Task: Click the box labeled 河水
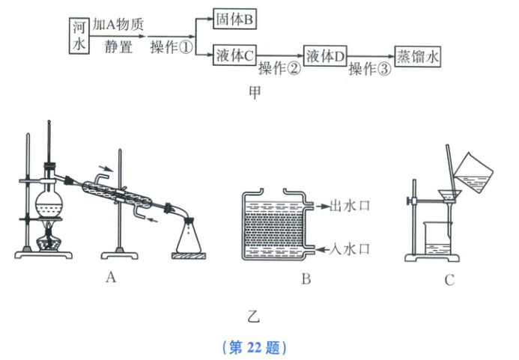coord(79,35)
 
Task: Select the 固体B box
coord(234,19)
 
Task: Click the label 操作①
coord(172,46)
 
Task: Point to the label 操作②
coord(279,69)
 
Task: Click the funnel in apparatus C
coord(449,198)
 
